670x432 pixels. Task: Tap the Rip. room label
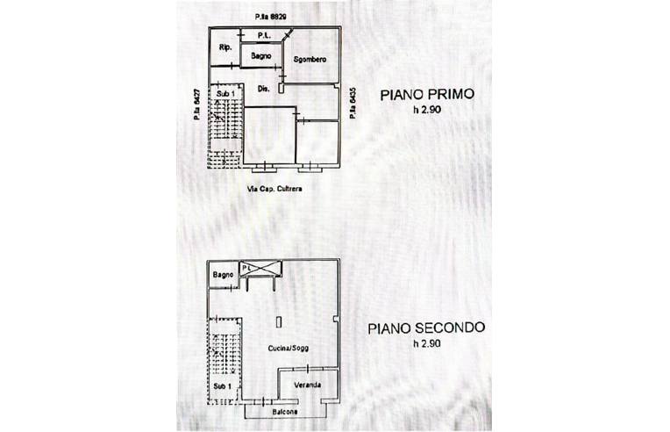tap(225, 47)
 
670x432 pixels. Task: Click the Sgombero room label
tap(310, 59)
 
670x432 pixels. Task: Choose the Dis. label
tap(262, 89)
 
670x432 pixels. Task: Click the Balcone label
tap(284, 412)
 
